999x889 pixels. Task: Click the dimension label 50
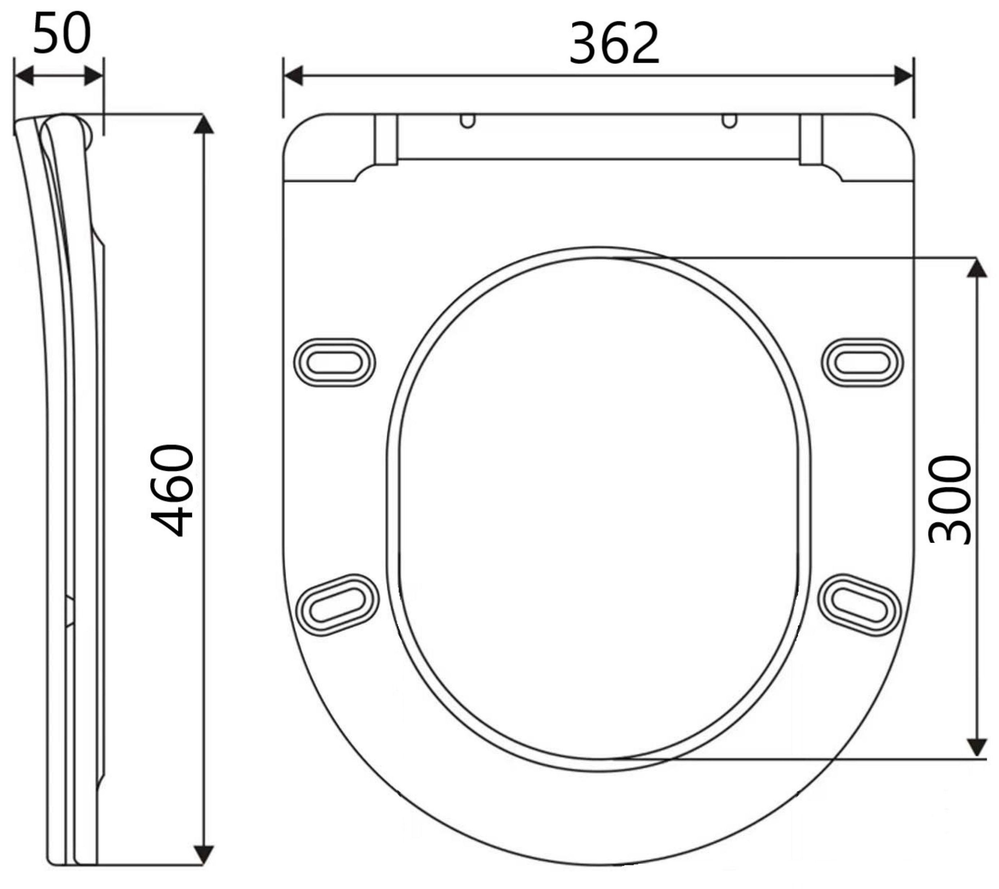(x=62, y=33)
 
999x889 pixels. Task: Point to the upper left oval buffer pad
(x=334, y=362)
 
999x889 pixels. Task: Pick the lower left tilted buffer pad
(x=338, y=605)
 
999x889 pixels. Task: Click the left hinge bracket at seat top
(x=386, y=139)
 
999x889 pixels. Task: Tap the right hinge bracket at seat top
(x=811, y=139)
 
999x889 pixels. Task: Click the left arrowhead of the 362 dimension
(x=293, y=76)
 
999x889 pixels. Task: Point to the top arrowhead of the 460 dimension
(x=203, y=124)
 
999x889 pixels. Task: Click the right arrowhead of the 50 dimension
(x=94, y=76)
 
